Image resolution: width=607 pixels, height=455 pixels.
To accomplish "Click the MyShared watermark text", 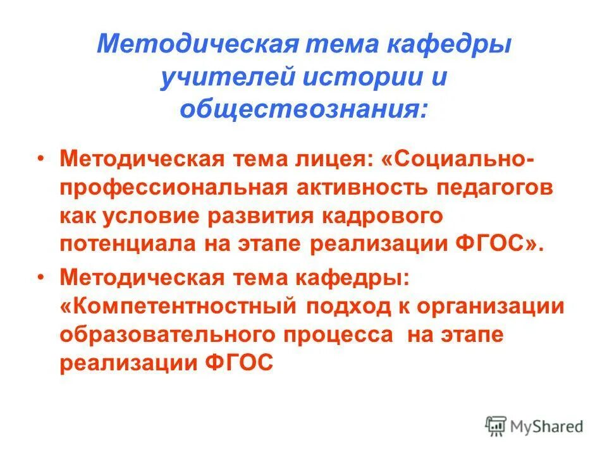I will coord(548,427).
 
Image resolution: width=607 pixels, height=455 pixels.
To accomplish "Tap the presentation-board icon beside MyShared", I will coord(497,426).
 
